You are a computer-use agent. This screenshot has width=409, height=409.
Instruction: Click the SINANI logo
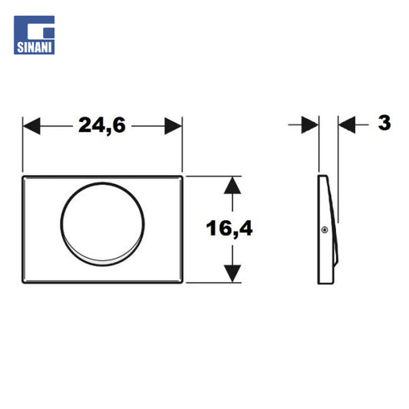[x=35, y=35]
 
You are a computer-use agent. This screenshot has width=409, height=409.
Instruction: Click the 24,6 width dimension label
[x=102, y=126]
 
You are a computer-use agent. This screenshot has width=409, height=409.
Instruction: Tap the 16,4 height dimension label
[x=229, y=229]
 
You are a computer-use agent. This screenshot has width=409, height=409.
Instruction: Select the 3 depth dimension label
[x=384, y=123]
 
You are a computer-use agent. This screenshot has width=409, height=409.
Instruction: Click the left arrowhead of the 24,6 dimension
[x=31, y=126]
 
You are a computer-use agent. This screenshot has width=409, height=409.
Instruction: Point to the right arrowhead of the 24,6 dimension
[x=173, y=126]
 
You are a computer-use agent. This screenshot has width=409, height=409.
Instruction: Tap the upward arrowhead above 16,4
[x=233, y=186]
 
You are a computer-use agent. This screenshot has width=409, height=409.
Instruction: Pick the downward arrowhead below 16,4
[x=233, y=274]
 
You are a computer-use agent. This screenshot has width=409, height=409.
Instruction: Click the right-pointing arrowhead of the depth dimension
[x=310, y=124]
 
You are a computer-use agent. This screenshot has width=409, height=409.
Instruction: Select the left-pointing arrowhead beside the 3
[x=347, y=124]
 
